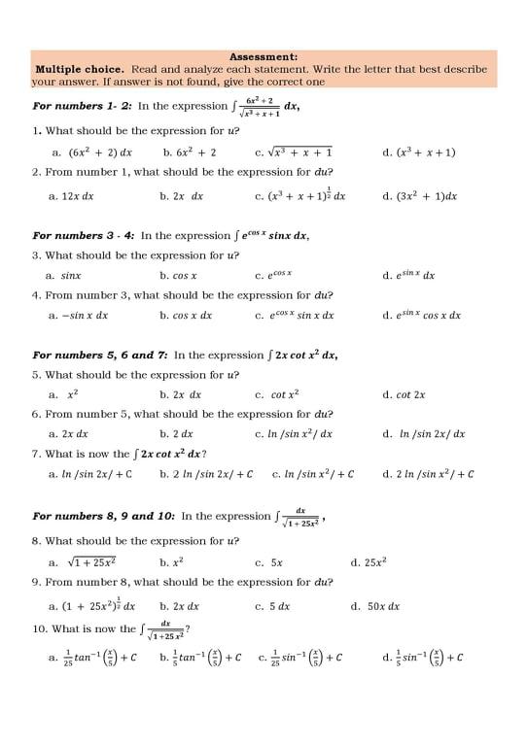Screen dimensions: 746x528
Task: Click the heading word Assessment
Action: point(264,57)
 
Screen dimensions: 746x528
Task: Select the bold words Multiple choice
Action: point(80,70)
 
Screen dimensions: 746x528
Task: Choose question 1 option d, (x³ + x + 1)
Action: point(419,153)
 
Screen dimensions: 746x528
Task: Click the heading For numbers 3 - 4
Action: point(83,236)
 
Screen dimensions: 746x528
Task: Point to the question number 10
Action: point(39,628)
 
